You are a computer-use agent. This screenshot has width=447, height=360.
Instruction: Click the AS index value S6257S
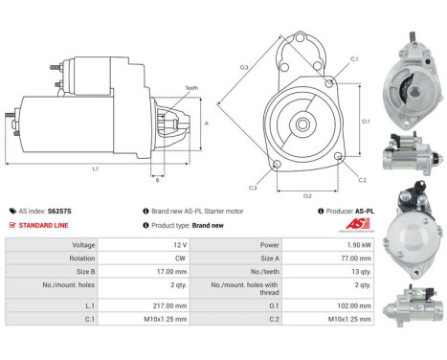coord(60,210)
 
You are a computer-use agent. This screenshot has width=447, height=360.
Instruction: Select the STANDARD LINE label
coord(43,225)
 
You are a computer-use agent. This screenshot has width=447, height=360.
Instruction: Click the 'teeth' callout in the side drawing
coord(191,88)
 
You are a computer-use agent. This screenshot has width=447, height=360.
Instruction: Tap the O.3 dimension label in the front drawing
coord(244,67)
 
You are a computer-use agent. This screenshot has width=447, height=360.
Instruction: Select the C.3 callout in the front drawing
coord(253,188)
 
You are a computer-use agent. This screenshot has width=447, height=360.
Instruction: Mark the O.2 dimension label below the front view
coord(307,195)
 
